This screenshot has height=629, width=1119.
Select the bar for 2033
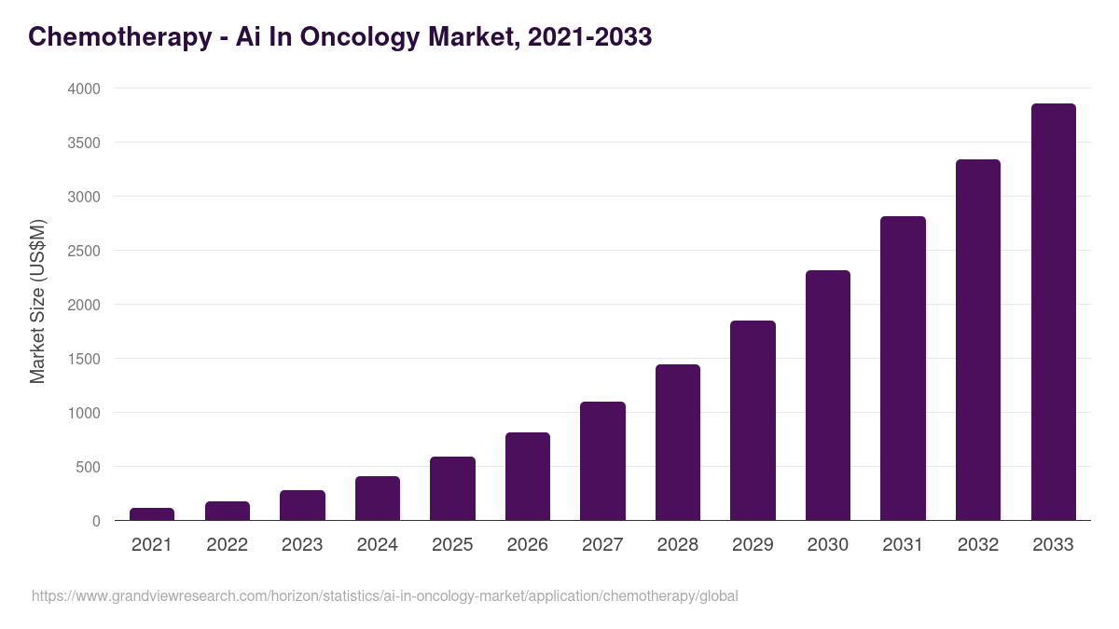(1053, 312)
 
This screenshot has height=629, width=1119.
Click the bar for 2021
(152, 513)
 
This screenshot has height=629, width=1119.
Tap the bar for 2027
(602, 461)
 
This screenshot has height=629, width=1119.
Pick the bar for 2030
(828, 395)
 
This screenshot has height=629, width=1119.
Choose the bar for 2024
(378, 499)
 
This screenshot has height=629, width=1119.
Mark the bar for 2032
(977, 340)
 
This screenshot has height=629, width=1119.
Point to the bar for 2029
(753, 420)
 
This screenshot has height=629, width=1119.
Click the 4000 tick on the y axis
(83, 89)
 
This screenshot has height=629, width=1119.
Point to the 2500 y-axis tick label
(83, 251)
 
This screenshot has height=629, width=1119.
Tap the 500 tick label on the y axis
(88, 467)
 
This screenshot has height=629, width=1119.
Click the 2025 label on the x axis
(452, 545)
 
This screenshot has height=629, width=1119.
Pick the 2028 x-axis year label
(678, 545)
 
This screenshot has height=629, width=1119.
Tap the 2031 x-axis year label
(903, 545)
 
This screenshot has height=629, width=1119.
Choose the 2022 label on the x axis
(227, 545)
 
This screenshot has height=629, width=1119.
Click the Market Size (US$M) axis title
(37, 302)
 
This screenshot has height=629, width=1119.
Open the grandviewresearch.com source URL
(384, 595)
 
